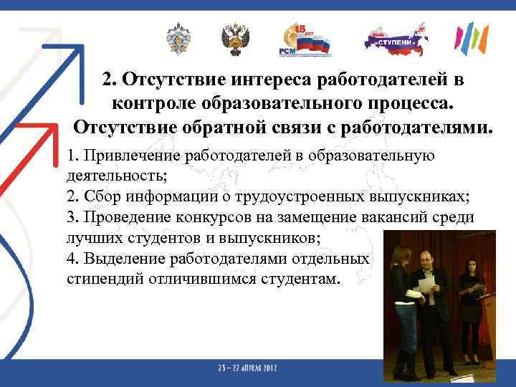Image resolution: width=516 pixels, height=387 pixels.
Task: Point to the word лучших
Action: pos(88,238)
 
